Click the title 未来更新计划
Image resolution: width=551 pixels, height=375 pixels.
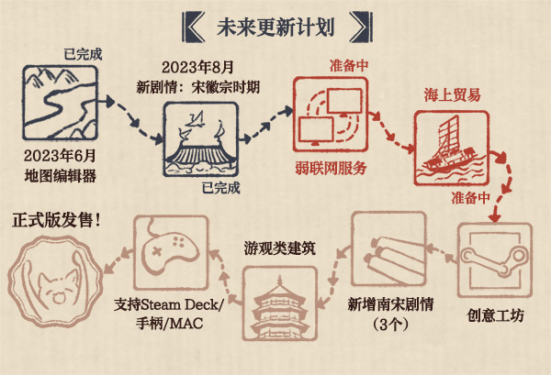(x=275, y=27)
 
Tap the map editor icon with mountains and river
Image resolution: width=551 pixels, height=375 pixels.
(x=60, y=103)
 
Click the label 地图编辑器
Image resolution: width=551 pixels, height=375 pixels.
(x=60, y=176)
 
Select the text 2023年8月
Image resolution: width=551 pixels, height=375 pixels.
(x=197, y=67)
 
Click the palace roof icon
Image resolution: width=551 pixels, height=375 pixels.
(x=200, y=139)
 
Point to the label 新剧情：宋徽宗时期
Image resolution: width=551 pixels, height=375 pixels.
(x=197, y=87)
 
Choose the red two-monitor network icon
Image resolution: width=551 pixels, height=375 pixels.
(x=331, y=115)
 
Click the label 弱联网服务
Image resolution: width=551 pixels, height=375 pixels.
(x=331, y=169)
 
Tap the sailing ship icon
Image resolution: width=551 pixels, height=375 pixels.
(x=452, y=148)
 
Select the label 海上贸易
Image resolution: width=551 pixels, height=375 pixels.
(x=452, y=95)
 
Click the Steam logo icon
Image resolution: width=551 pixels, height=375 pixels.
(x=495, y=260)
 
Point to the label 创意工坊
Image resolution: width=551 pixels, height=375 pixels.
(x=495, y=315)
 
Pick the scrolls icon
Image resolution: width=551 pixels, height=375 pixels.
(x=389, y=249)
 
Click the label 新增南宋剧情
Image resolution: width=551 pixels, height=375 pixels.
(x=390, y=304)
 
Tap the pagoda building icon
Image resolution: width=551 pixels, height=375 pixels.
(x=280, y=303)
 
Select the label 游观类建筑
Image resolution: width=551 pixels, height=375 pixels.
(x=280, y=248)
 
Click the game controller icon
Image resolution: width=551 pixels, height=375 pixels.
(x=171, y=253)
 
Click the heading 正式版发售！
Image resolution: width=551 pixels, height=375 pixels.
(x=57, y=220)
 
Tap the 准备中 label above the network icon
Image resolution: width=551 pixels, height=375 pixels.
(x=349, y=66)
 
